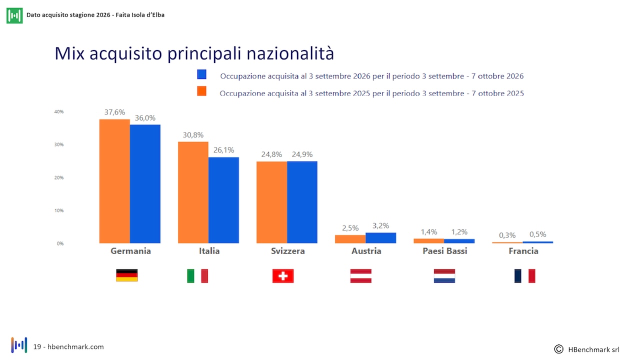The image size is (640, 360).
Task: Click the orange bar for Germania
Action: coord(114,181)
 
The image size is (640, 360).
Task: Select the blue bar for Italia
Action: coord(223,200)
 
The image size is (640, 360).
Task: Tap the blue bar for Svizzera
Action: coord(302,202)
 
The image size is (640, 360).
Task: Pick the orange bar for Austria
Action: coord(350,239)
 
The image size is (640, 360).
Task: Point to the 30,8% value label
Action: coord(193,135)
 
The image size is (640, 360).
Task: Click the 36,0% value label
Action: coord(145,117)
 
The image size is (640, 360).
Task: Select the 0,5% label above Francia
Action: coord(537,234)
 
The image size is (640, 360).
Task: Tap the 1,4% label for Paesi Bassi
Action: coord(429,231)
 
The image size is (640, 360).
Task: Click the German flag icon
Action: coord(127,275)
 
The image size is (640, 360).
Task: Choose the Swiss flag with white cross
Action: coord(283,276)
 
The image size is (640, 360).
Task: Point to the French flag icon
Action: coord(524,276)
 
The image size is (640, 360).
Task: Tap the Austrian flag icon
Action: coord(361,276)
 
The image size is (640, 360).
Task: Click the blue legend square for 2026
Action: coord(201,74)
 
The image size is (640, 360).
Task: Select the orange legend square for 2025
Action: coord(201,91)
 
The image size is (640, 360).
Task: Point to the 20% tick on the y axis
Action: coord(59,177)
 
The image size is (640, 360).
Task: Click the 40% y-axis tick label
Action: coord(59,111)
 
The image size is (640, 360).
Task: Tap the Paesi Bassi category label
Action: coord(445,251)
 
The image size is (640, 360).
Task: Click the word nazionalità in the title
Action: coord(290,53)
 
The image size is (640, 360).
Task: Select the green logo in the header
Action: coord(14,15)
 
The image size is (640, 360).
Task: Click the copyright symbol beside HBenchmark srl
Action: coord(558,349)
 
